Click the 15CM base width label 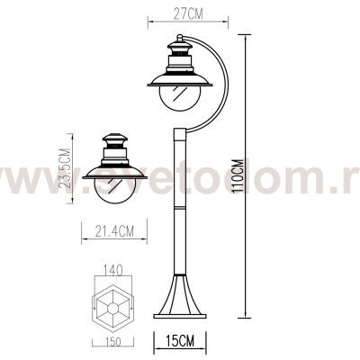[181, 340]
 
